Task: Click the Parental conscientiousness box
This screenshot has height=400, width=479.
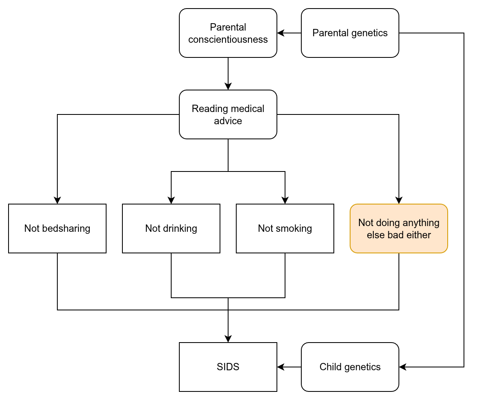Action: click(x=228, y=33)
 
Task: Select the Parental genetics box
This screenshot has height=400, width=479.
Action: click(x=350, y=33)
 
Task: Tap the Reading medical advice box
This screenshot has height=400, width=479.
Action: click(x=228, y=114)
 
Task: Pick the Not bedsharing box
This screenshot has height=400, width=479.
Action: click(x=57, y=229)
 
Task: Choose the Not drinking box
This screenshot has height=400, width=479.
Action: click(x=171, y=229)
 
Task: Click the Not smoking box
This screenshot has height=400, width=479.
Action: click(x=285, y=229)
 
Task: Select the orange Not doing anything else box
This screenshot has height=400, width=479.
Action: click(x=398, y=229)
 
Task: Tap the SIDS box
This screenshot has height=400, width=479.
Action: click(x=228, y=367)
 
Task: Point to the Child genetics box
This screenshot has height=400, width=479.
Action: click(x=350, y=367)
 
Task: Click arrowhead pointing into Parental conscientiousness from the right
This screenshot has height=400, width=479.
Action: click(x=281, y=33)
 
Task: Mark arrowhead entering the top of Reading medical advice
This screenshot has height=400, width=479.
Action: click(x=228, y=86)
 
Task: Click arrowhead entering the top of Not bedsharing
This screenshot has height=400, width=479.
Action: click(x=57, y=200)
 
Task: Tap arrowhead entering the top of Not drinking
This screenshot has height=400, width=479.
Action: click(x=171, y=200)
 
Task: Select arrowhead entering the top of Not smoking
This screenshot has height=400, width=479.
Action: click(x=285, y=200)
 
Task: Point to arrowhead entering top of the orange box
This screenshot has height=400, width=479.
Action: click(x=399, y=200)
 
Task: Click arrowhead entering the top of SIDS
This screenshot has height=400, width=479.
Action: click(x=228, y=339)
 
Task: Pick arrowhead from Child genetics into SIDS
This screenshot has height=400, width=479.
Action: click(x=281, y=367)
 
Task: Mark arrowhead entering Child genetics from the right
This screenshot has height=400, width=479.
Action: click(x=403, y=367)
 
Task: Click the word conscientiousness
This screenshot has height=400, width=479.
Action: click(x=228, y=39)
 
